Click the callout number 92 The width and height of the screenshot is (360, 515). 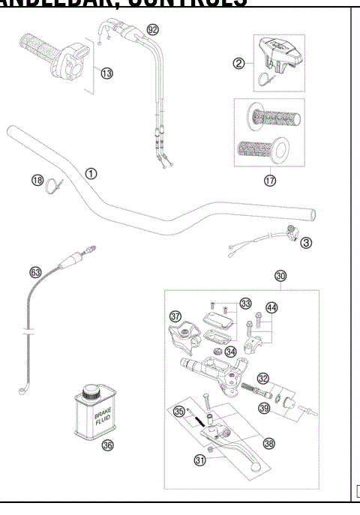[153, 30]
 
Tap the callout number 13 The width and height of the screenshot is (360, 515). [106, 72]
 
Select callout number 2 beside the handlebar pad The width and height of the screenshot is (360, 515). [239, 63]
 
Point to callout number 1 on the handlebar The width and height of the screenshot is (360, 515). [91, 173]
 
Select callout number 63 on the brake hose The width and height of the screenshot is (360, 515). [35, 272]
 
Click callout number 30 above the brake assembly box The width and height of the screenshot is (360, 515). [280, 276]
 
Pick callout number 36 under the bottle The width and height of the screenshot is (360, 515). [107, 445]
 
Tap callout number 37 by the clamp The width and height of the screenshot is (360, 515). [175, 316]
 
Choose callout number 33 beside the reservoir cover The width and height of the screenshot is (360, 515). [246, 303]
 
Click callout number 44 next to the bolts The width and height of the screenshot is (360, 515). [271, 308]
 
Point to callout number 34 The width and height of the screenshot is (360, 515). [231, 351]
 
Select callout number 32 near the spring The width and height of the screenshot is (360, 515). [263, 378]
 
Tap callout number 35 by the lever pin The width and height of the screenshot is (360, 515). [178, 412]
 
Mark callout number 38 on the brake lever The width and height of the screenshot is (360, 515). [268, 442]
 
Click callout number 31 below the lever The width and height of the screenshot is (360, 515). [199, 460]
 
